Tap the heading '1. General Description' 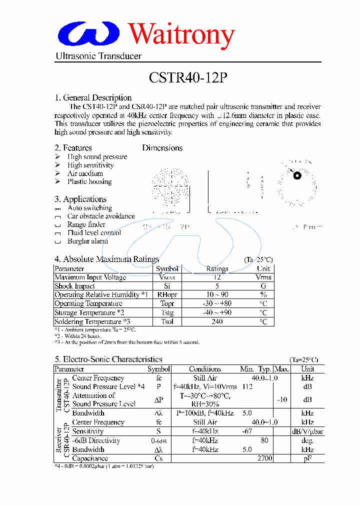[93, 97]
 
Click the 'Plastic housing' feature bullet [89, 182]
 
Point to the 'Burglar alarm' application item [87, 241]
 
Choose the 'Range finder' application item [86, 224]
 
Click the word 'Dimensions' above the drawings [162, 148]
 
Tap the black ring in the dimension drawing [297, 175]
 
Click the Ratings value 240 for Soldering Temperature [217, 321]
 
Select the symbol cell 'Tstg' [167, 312]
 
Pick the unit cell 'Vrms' [263, 277]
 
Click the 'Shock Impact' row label [74, 286]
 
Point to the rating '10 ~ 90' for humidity [217, 295]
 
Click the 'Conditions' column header [205, 369]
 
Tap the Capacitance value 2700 [265, 458]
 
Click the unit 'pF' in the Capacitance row [307, 458]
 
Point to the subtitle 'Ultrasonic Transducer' [98, 56]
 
